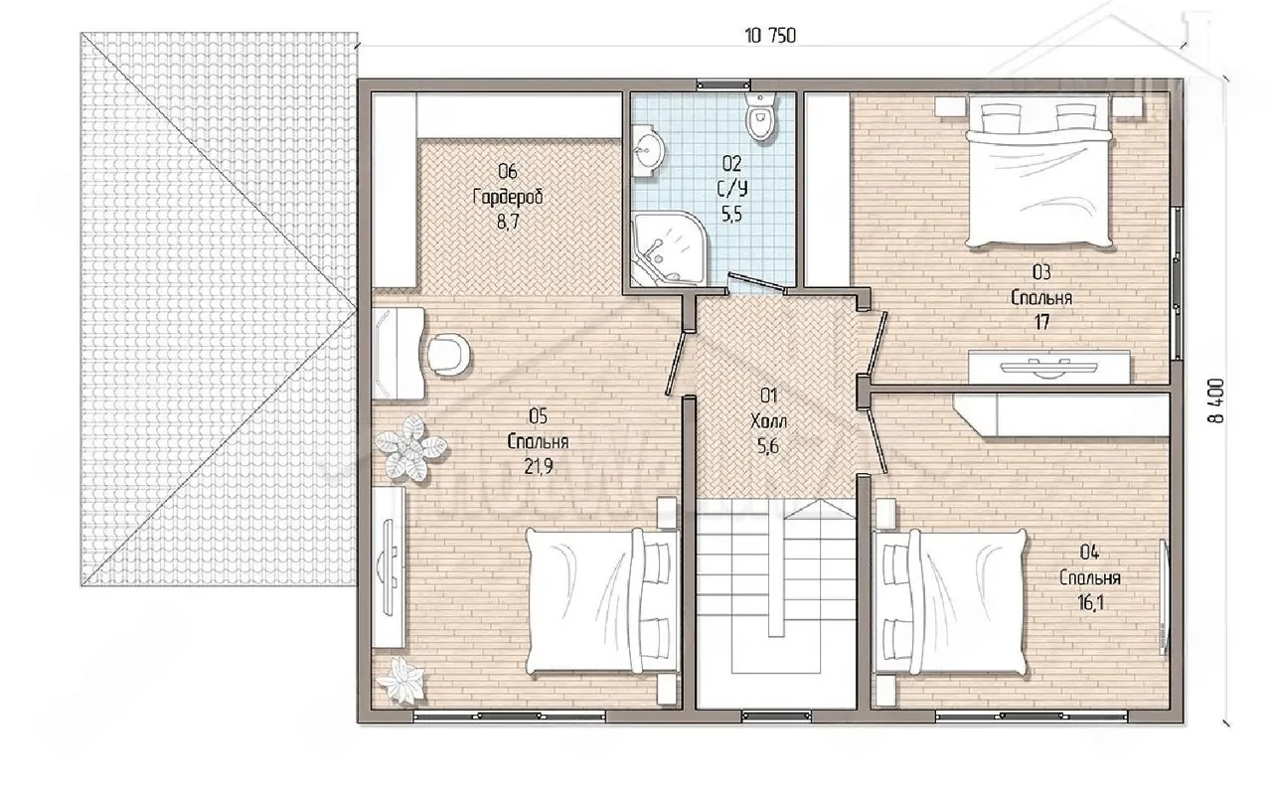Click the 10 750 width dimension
(770, 36)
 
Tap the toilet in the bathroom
(760, 116)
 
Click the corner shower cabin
(665, 248)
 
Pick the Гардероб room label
(508, 197)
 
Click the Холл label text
(768, 421)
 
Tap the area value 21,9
(538, 467)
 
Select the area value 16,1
(1090, 602)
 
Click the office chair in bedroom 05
(448, 354)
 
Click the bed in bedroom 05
(603, 602)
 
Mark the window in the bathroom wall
(723, 85)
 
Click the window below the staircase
(776, 717)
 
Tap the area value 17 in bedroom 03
(1041, 322)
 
